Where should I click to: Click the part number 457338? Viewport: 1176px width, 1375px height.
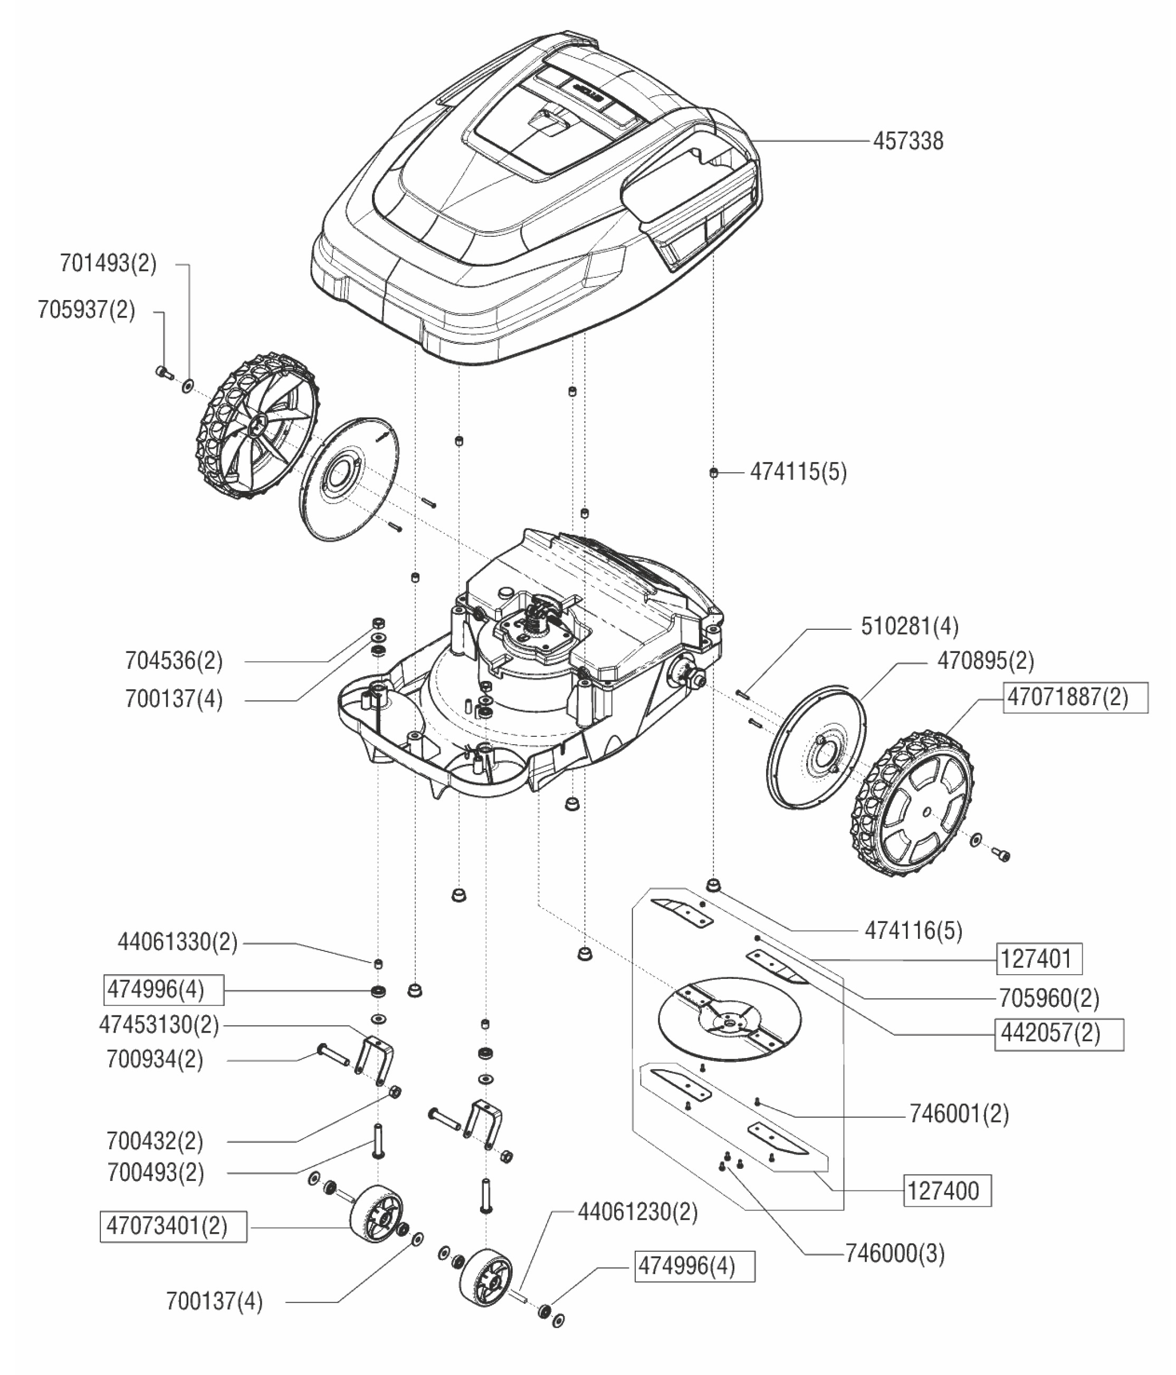tap(907, 141)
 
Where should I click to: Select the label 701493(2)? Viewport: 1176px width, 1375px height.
tap(108, 264)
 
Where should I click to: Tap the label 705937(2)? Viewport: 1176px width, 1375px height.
tap(87, 310)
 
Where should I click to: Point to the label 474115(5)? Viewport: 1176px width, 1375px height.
tap(798, 473)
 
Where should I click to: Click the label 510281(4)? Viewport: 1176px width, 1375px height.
tap(909, 627)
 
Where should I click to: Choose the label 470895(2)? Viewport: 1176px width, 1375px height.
tap(985, 661)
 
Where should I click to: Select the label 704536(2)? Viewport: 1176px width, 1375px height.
tap(174, 661)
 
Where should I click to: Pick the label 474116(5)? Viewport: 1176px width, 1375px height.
tap(913, 931)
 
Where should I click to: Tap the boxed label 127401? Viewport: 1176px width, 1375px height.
tap(1039, 959)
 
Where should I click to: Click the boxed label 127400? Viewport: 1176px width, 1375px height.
tap(947, 1191)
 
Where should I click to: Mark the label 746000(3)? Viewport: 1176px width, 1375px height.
tap(895, 1254)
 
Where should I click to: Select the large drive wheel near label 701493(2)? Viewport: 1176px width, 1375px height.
tap(255, 425)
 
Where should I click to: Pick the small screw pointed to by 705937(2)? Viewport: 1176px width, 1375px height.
tap(163, 373)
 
